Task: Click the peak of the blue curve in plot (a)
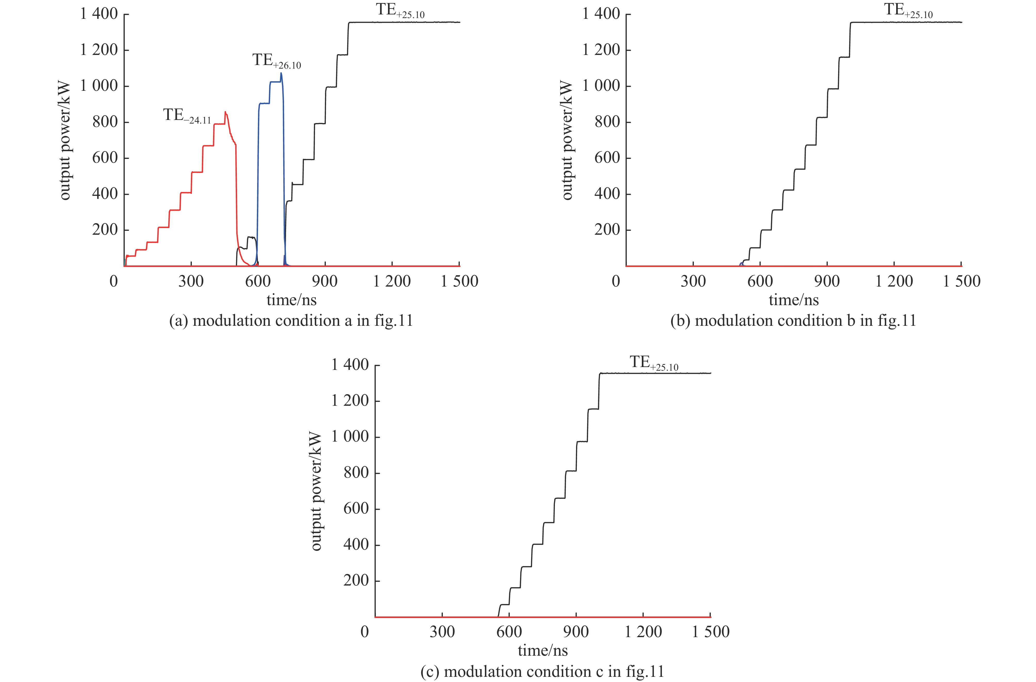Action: pyautogui.click(x=281, y=73)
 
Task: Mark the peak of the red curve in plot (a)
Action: pyautogui.click(x=225, y=112)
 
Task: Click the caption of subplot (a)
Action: pyautogui.click(x=291, y=321)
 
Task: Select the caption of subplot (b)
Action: pyautogui.click(x=793, y=321)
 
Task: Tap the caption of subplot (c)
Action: pyautogui.click(x=542, y=672)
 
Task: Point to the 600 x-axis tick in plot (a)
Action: pyautogui.click(x=258, y=281)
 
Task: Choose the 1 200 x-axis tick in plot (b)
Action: pyautogui.click(x=894, y=281)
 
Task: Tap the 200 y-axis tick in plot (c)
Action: pyautogui.click(x=356, y=581)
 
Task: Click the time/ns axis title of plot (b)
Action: pyautogui.click(x=793, y=300)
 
